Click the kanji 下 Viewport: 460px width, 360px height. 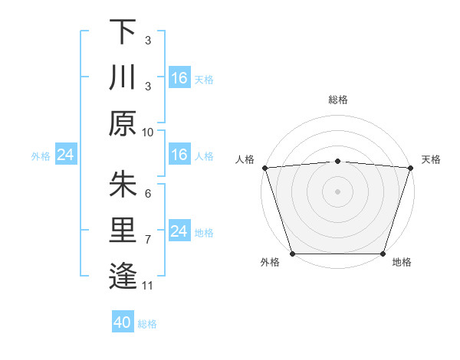123,32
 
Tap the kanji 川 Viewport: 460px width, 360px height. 123,78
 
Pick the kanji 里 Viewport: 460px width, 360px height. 123,231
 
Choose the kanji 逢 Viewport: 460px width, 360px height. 123,276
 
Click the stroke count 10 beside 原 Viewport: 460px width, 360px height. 148,132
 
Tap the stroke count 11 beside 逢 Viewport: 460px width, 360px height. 148,286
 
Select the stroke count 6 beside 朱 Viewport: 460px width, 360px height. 148,193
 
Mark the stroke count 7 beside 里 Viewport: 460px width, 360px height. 148,240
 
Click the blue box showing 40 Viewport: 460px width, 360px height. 123,323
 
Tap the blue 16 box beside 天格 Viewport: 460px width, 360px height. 179,78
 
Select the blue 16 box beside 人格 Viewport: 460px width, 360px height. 179,155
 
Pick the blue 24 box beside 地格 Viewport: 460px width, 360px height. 179,232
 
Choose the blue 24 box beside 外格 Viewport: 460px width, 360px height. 65,155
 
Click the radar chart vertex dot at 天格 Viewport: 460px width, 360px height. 410,168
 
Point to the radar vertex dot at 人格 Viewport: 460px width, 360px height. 264,168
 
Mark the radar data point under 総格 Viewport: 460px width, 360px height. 337,161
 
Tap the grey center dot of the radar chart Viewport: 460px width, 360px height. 337,191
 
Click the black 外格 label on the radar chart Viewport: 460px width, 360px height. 270,263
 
